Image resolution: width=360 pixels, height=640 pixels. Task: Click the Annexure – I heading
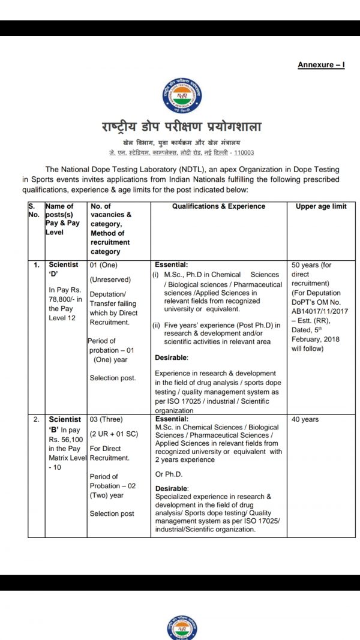tap(321, 65)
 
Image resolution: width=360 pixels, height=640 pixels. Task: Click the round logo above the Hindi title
tap(181, 97)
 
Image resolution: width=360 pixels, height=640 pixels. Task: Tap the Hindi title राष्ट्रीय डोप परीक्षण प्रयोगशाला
tap(181, 127)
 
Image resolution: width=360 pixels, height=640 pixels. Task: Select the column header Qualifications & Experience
tap(218, 206)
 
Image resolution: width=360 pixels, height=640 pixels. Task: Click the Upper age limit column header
tap(321, 206)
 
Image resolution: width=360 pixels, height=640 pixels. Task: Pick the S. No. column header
tap(35, 211)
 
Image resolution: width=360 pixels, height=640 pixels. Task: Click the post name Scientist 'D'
tap(62, 269)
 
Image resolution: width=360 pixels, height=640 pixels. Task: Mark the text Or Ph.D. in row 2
tap(170, 474)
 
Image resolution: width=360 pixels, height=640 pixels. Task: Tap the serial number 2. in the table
tap(36, 420)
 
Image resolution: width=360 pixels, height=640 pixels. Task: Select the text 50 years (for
tap(311, 265)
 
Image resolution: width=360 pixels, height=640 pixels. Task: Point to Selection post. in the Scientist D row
tap(112, 378)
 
